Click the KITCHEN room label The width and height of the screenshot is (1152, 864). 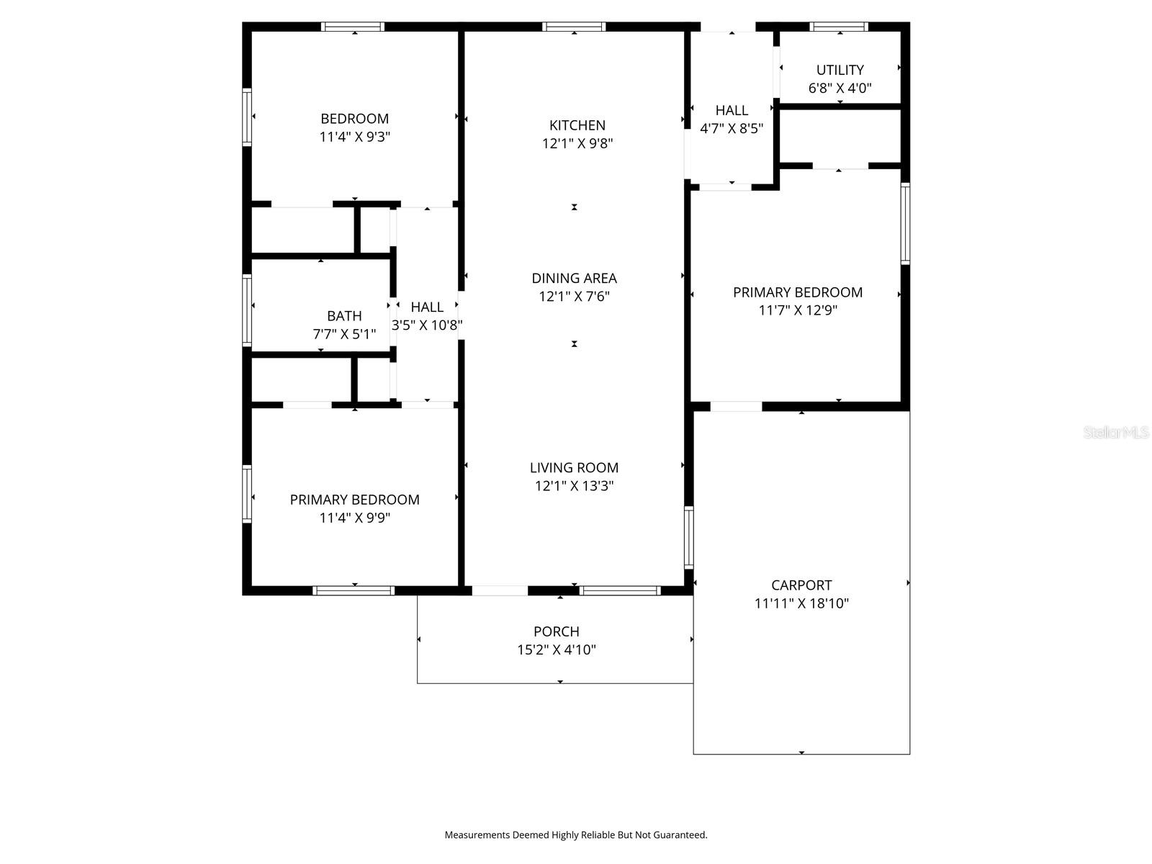click(x=577, y=125)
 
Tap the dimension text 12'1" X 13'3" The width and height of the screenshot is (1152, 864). click(x=574, y=486)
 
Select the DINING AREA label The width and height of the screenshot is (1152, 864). click(x=574, y=278)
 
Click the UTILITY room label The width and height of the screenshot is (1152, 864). click(x=840, y=70)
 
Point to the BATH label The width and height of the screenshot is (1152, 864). click(x=344, y=316)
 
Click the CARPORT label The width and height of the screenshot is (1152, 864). click(x=801, y=585)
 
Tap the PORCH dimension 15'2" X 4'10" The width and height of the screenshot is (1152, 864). click(x=556, y=650)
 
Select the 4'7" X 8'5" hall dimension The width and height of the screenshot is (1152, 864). click(x=732, y=129)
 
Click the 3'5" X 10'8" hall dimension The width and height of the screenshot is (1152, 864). click(x=427, y=325)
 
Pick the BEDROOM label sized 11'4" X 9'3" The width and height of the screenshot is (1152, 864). click(x=354, y=119)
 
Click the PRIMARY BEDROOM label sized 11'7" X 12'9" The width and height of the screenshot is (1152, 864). click(x=797, y=292)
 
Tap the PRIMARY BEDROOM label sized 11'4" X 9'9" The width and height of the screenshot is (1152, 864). click(x=354, y=500)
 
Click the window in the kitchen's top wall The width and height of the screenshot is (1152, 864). click(x=574, y=27)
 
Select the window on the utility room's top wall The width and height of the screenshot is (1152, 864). click(x=839, y=27)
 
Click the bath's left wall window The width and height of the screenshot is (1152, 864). click(x=247, y=310)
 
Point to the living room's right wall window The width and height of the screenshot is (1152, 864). click(x=688, y=537)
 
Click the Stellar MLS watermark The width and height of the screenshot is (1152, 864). click(x=1115, y=433)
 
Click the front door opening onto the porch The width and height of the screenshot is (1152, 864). click(x=500, y=590)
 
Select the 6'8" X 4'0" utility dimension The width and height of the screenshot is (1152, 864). click(x=840, y=89)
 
